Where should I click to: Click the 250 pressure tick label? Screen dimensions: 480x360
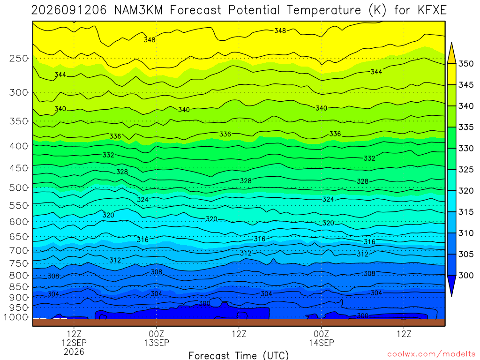(19, 58)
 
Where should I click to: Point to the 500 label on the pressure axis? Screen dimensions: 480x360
(19, 187)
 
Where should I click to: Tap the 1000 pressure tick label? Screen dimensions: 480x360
(16, 317)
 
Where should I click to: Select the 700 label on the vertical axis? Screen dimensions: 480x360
(19, 251)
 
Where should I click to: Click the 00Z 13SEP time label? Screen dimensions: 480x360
(157, 338)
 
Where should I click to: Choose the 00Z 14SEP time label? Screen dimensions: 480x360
(322, 338)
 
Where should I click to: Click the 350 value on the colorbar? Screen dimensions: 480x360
(466, 64)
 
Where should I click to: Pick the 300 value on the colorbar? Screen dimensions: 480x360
(466, 275)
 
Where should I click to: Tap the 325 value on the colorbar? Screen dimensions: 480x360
(466, 170)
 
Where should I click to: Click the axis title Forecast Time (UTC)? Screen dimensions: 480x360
(239, 355)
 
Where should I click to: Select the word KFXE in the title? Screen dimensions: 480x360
(432, 10)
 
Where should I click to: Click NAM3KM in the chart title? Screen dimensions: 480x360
(138, 10)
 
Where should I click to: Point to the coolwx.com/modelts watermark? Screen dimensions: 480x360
(431, 354)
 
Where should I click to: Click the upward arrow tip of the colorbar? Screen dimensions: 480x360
(451, 43)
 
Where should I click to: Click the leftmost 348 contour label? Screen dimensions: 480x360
(150, 40)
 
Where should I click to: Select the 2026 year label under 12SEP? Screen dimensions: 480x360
(74, 352)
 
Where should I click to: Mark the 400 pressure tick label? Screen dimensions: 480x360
(19, 146)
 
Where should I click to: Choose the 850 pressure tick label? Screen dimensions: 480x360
(19, 287)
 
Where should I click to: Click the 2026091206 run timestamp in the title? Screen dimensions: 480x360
(69, 10)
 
